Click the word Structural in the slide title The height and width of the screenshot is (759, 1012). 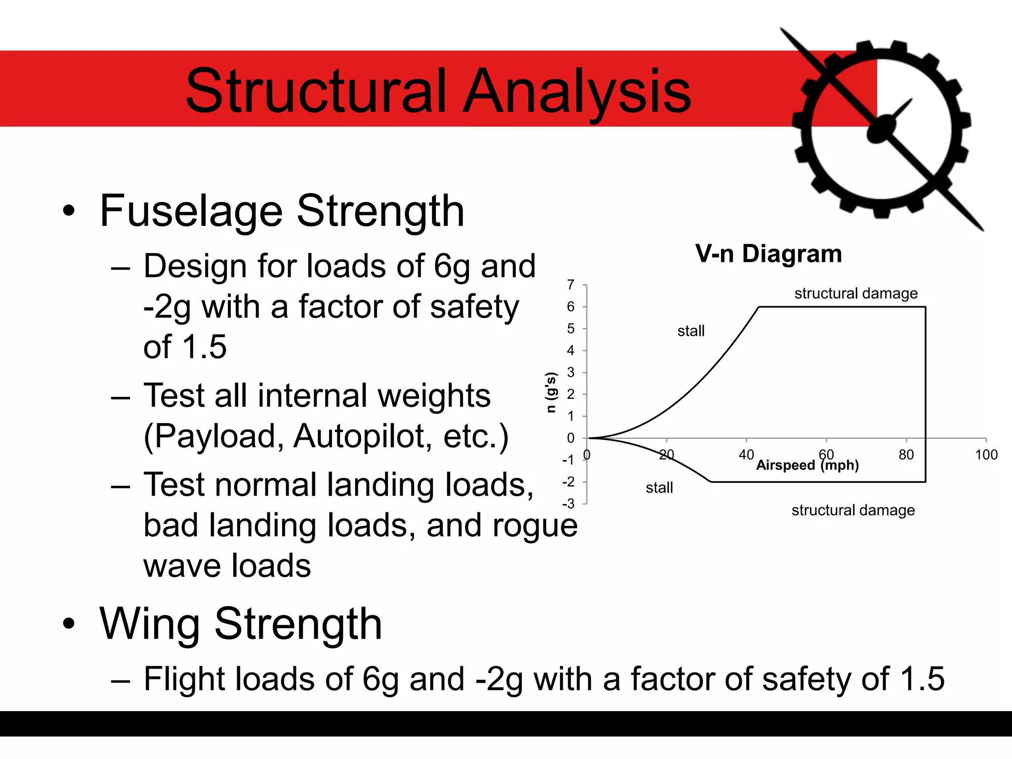[316, 91]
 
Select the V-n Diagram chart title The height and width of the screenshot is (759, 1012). [768, 254]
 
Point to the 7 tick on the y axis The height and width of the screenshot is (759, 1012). [571, 285]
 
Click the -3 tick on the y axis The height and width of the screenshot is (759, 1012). [569, 504]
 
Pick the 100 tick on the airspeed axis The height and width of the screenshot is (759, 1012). [986, 455]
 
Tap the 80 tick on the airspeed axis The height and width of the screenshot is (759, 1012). [906, 455]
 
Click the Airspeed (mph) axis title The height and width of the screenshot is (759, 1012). [807, 465]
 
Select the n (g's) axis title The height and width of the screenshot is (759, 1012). [551, 392]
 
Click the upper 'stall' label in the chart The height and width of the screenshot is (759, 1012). [691, 331]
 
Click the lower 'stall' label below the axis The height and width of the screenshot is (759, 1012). [659, 488]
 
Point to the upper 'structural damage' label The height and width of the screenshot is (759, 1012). [856, 294]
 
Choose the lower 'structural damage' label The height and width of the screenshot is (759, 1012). [853, 510]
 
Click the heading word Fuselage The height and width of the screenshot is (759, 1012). [191, 211]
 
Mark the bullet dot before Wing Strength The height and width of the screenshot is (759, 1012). [69, 624]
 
